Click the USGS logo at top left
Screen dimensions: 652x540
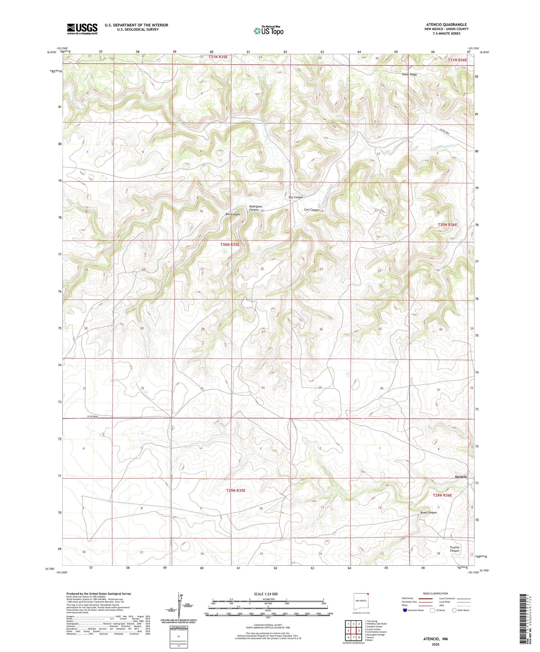click(82, 29)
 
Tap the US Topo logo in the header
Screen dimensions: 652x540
click(268, 31)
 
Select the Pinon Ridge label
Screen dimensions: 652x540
click(409, 74)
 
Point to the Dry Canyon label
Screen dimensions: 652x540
click(296, 197)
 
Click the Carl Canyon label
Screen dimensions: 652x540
click(312, 210)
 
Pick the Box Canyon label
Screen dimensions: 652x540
click(232, 214)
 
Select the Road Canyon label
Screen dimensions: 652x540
click(428, 512)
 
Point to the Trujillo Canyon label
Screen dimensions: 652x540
click(454, 549)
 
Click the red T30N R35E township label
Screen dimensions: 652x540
click(229, 245)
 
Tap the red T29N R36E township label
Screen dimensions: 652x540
click(442, 495)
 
